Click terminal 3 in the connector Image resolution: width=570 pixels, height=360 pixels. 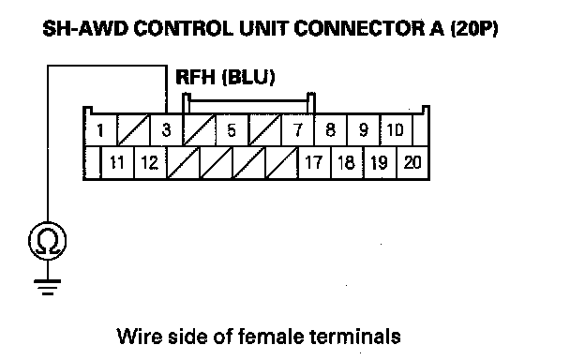166,129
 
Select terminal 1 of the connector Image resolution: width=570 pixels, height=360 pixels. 100,129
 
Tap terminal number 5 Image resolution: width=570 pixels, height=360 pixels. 232,129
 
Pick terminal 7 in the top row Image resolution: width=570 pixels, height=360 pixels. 297,129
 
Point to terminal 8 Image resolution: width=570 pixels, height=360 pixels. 330,129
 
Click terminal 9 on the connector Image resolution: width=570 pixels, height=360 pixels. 363,129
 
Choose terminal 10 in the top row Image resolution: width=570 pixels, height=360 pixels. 396,129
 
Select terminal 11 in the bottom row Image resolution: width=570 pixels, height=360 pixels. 117,162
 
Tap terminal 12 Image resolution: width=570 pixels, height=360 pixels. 150,162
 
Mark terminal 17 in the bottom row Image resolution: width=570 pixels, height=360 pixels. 314,162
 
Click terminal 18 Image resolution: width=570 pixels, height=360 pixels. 347,162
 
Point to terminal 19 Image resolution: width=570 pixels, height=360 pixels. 380,162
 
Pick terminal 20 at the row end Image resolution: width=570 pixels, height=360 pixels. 412,162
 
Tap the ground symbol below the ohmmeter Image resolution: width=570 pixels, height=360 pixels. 48,287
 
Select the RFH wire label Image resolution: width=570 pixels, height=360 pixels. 195,77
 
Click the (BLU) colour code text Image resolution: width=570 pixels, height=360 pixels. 248,77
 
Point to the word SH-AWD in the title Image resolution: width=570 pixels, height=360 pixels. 85,28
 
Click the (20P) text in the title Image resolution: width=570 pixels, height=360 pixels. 474,28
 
